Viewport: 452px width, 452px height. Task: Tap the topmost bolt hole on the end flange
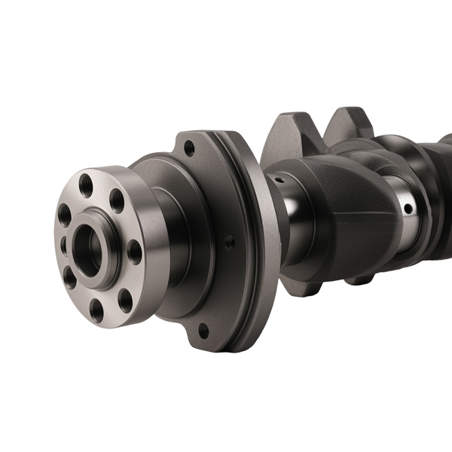[x=87, y=183]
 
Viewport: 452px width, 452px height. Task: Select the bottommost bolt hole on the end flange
[x=96, y=309]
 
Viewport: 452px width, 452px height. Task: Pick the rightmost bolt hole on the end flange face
[x=134, y=252]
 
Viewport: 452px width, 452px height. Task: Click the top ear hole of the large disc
[x=190, y=148]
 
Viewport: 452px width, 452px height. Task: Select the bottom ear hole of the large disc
[x=203, y=329]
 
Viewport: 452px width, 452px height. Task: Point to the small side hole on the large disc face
[x=230, y=243]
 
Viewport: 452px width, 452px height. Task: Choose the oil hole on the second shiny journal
[x=408, y=208]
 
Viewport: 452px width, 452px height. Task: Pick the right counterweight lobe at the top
[x=348, y=122]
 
